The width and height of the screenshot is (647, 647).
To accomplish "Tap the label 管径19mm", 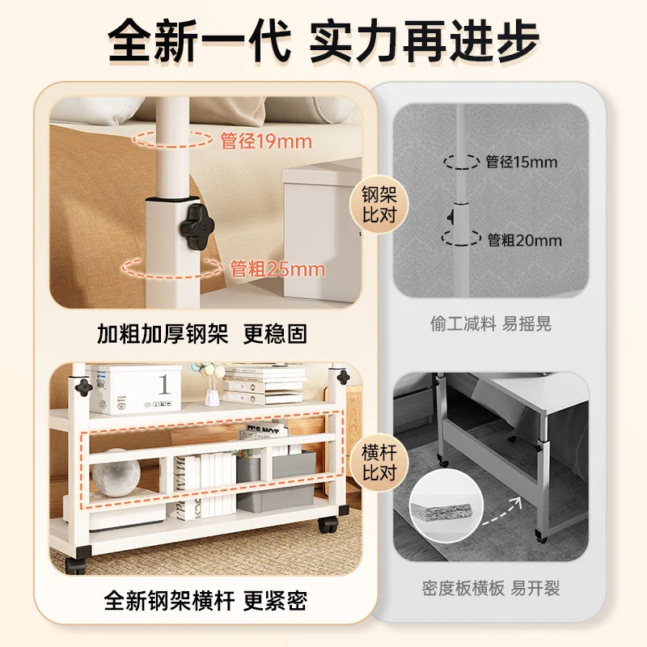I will (x=266, y=142).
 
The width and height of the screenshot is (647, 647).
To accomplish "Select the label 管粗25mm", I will (x=277, y=269).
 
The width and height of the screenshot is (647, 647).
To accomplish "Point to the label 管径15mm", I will (x=522, y=162).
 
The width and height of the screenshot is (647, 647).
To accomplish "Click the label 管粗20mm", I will (x=524, y=240).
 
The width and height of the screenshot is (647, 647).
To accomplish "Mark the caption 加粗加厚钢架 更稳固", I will (x=202, y=333).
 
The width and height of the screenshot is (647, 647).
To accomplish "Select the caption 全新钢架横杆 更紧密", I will (x=205, y=601).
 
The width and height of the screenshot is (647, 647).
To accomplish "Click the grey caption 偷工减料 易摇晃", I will (x=491, y=324).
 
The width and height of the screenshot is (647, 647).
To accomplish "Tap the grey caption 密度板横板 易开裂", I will (x=491, y=588).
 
